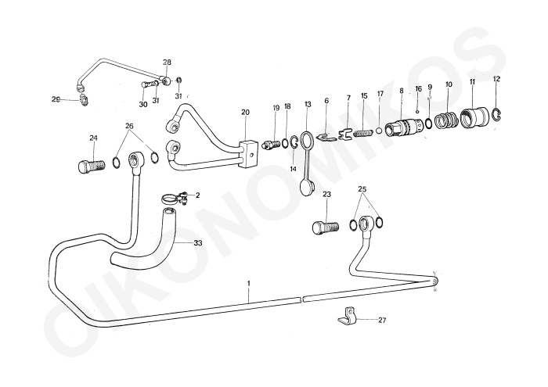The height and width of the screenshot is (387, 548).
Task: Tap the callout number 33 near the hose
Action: pyautogui.click(x=198, y=243)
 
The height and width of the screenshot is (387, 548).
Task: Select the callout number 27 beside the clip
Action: pyautogui.click(x=382, y=320)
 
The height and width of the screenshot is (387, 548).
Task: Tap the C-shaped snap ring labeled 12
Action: pyautogui.click(x=499, y=116)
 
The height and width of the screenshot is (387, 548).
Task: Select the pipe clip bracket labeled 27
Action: pyautogui.click(x=344, y=317)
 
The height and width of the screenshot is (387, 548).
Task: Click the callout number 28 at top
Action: pyautogui.click(x=167, y=63)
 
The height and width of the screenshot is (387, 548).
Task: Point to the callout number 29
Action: pyautogui.click(x=56, y=99)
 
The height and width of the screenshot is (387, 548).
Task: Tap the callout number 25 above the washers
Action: pyautogui.click(x=362, y=190)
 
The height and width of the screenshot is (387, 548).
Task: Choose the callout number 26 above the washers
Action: pyautogui.click(x=130, y=126)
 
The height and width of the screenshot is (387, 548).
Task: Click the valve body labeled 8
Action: pyautogui.click(x=406, y=127)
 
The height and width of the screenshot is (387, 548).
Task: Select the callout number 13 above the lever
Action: pyautogui.click(x=308, y=104)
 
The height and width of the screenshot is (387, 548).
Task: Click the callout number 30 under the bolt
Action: pyautogui.click(x=143, y=103)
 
